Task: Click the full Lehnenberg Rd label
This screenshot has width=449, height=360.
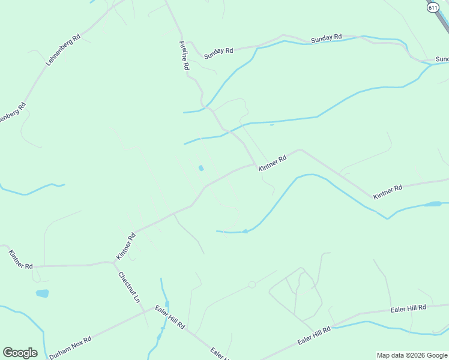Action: point(62,50)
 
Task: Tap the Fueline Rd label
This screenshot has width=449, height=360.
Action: point(184,56)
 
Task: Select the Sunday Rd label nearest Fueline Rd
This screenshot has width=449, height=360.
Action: point(218,52)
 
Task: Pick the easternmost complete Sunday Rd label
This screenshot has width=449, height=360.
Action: point(326,38)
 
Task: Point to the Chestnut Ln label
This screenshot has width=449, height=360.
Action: point(128,287)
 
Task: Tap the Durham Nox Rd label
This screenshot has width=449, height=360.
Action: point(70,347)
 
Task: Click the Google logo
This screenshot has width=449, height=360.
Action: point(20,353)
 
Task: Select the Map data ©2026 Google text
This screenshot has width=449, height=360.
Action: point(412,355)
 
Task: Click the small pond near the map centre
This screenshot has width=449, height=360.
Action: point(201,168)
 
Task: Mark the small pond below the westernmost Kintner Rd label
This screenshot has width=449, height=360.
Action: point(42,293)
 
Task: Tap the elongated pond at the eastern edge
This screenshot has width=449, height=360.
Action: point(432,204)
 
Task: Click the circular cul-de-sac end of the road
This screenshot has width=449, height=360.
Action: point(252,284)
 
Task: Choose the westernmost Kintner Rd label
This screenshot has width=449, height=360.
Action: point(21,259)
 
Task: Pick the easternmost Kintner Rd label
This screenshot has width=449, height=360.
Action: point(387,192)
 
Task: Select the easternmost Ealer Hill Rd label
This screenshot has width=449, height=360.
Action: point(408,308)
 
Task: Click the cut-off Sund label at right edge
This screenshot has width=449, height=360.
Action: point(442,59)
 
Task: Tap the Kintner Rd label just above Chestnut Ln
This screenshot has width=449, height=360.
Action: point(126,246)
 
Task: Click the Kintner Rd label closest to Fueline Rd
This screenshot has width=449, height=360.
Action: point(273,163)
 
